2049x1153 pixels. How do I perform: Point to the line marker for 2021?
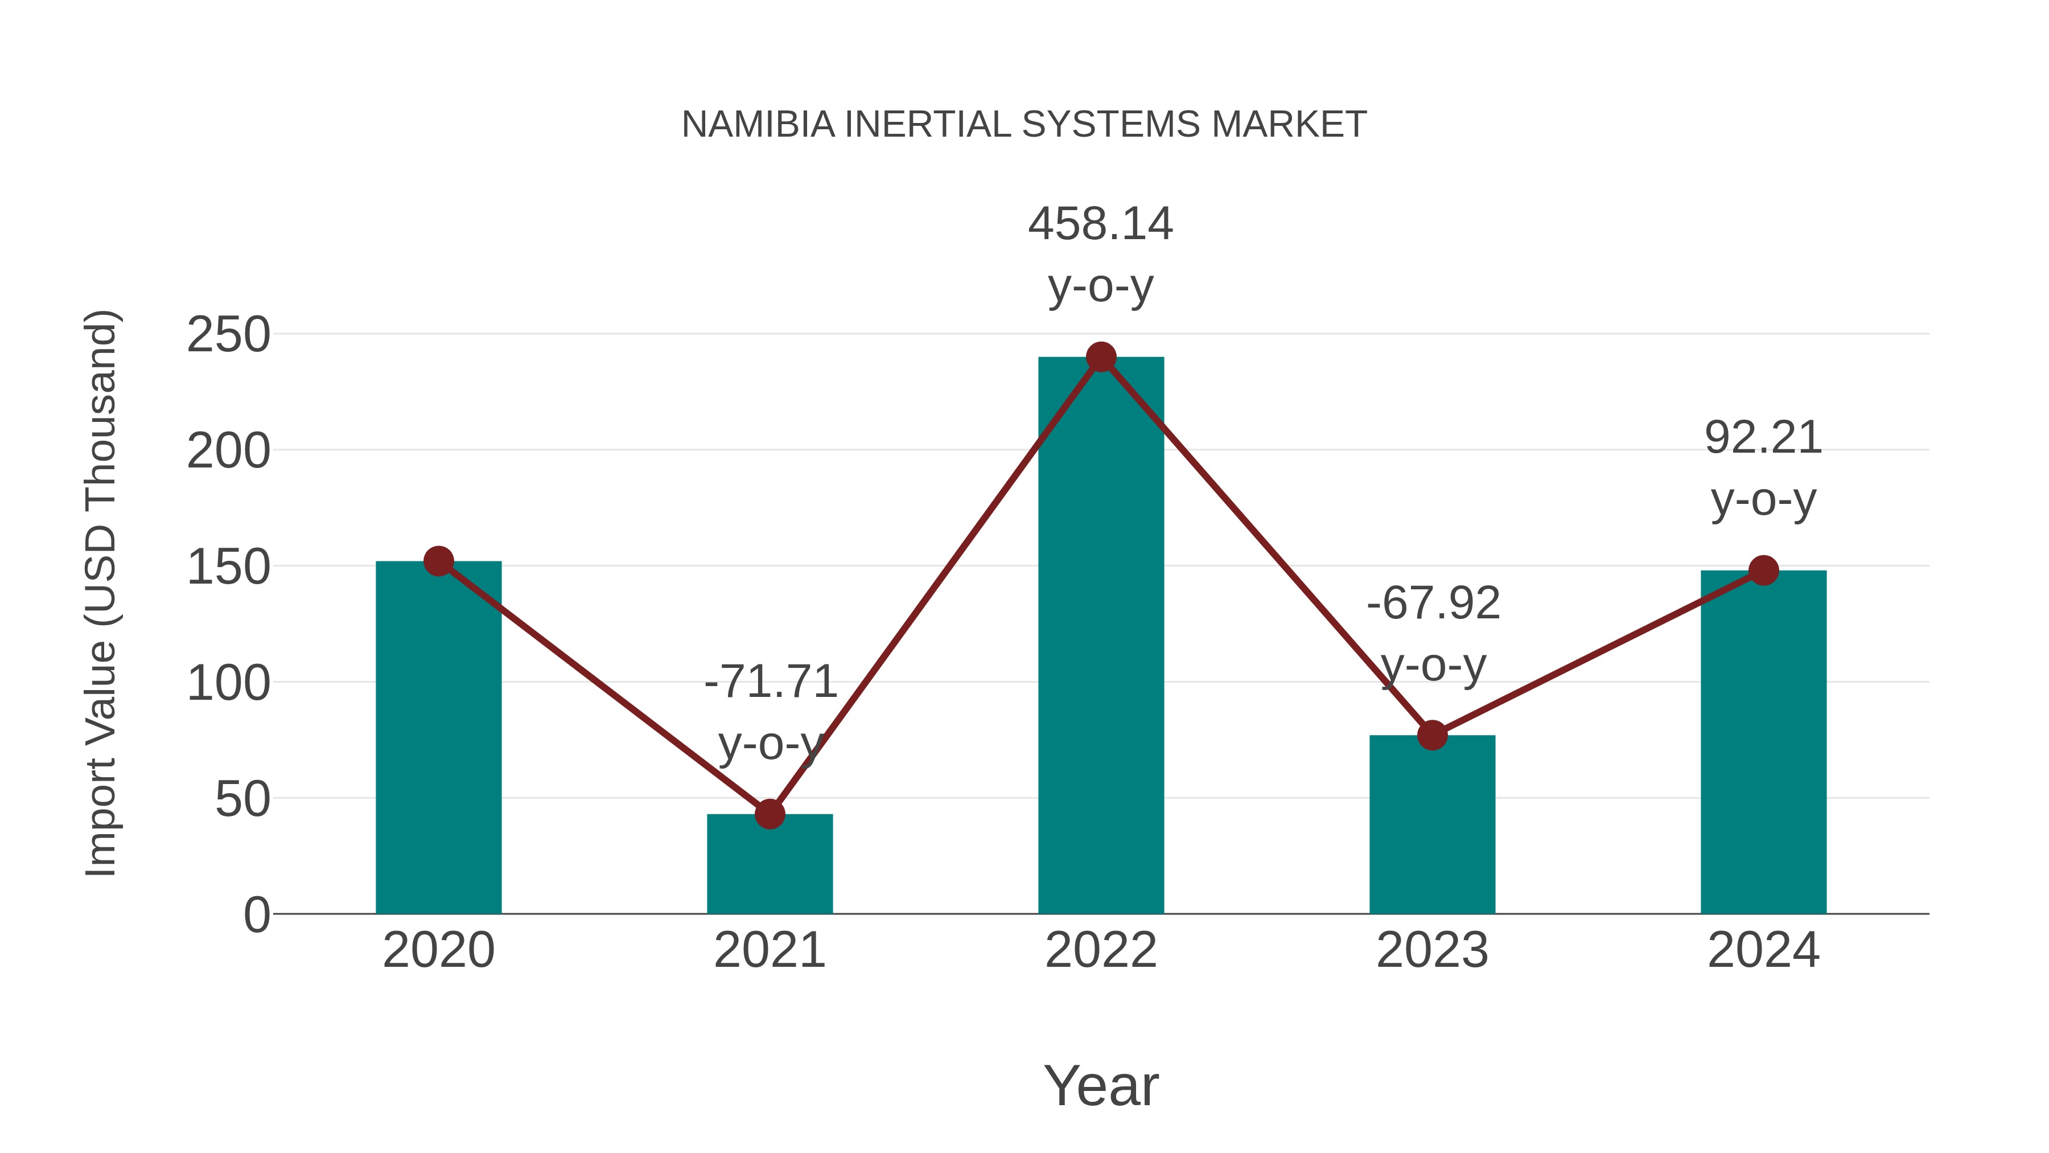click(769, 814)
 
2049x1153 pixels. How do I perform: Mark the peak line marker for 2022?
click(1101, 357)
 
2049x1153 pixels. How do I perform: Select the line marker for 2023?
click(1432, 735)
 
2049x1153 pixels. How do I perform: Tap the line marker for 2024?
click(1763, 570)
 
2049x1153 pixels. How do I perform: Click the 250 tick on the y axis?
click(229, 335)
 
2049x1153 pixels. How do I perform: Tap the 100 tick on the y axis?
click(229, 683)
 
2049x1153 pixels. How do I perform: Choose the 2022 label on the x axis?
click(1101, 950)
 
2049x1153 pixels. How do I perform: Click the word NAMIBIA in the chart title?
click(758, 125)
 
